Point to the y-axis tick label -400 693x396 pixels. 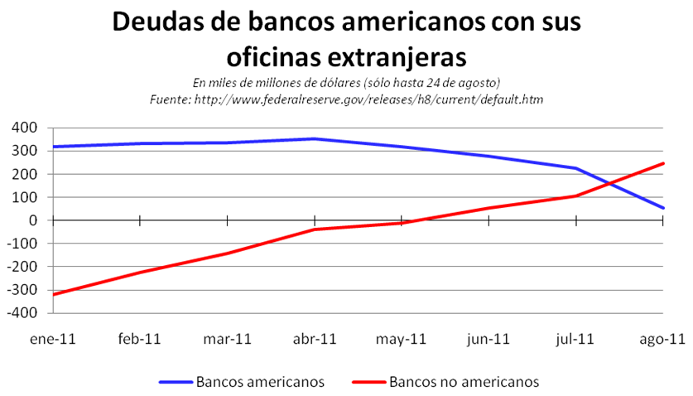tap(24, 313)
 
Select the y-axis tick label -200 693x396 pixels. tap(24, 267)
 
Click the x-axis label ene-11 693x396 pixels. tap(52, 338)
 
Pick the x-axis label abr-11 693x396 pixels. tap(315, 338)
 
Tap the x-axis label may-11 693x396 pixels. tap(402, 338)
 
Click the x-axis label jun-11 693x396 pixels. tap(488, 338)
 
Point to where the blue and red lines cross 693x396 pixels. tap(611, 183)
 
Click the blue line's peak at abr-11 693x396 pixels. tap(315, 139)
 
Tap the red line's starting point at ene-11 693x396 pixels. tap(53, 294)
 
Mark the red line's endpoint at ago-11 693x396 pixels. tap(663, 163)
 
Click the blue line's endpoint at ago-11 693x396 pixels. tap(663, 208)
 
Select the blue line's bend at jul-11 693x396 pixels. tap(576, 168)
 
